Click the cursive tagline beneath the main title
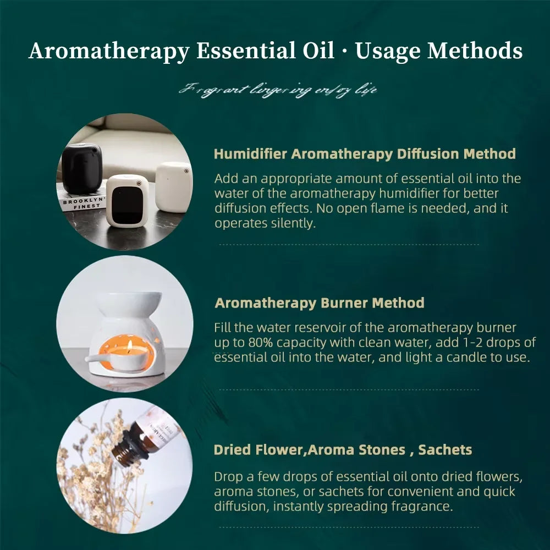click(x=278, y=89)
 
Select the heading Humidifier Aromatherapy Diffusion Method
click(x=365, y=154)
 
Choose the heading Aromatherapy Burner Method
click(x=320, y=303)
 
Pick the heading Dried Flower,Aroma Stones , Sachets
click(x=343, y=450)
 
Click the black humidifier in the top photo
click(x=82, y=168)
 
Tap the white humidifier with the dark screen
click(x=127, y=200)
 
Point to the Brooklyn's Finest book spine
click(x=82, y=204)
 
